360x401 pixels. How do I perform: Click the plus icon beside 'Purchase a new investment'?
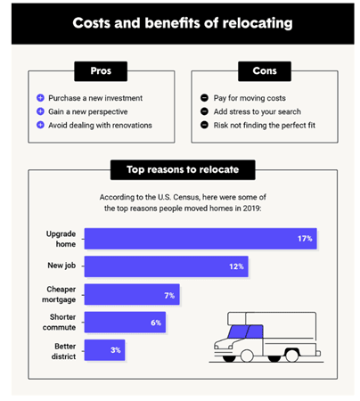tap(41, 96)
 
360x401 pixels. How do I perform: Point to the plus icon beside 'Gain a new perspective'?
tap(41, 110)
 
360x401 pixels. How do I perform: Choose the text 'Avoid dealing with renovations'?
tap(101, 125)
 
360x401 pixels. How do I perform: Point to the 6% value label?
tap(156, 322)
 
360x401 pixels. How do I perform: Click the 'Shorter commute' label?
tap(60, 322)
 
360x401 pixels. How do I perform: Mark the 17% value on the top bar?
tap(304, 238)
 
